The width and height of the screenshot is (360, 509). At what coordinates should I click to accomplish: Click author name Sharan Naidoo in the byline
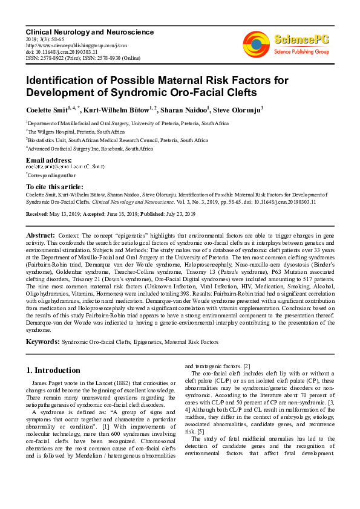point(181,109)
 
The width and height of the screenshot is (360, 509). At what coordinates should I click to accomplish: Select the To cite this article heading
point(54,187)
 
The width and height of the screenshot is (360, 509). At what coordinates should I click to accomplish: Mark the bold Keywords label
point(42,342)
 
